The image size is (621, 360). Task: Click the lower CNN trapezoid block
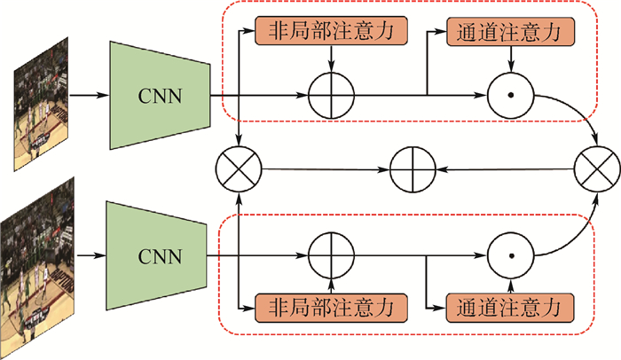(160, 256)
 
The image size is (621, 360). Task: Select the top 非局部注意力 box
(331, 31)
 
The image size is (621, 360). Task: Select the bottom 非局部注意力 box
(331, 308)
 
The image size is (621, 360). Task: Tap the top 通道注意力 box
(508, 31)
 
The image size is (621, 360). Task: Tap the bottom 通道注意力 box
(508, 308)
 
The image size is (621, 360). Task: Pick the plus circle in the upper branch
(331, 93)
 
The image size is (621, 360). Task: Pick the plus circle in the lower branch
(331, 257)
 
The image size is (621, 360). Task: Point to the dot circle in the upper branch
(510, 93)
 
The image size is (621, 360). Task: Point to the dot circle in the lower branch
(510, 257)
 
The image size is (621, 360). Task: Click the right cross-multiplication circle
(596, 166)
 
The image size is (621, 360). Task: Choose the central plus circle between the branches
(414, 166)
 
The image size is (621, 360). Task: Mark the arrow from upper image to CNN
(87, 93)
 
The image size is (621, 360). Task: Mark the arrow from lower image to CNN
(90, 256)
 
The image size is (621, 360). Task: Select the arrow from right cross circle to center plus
(505, 166)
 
